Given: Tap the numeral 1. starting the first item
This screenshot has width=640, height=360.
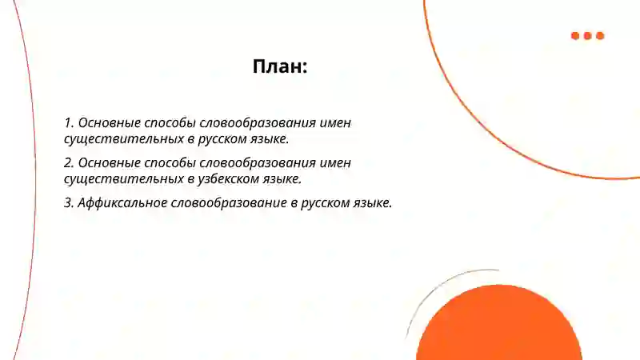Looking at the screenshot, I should pos(69,123).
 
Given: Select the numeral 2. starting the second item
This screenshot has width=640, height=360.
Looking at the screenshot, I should pos(69,163).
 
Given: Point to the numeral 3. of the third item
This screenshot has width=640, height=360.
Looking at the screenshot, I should pos(69,203).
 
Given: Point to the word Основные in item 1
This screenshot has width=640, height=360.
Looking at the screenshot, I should pos(109,123).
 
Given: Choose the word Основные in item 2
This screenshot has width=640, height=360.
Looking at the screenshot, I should pos(109,163).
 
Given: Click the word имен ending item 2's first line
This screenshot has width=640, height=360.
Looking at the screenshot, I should pos(334,163).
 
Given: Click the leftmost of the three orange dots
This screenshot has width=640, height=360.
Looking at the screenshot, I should pos(575,36).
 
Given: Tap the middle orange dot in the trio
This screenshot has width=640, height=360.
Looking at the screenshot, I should pos(588,36).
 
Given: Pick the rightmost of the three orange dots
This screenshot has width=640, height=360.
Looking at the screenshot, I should pos(600,36).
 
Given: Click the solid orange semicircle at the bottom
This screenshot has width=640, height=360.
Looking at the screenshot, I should pos(498,328).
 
